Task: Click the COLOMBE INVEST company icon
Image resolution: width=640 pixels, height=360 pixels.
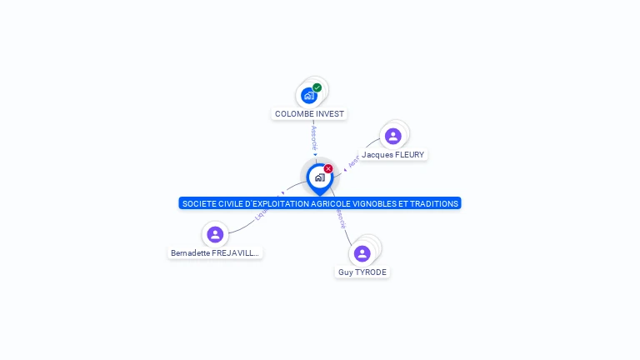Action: click(x=309, y=95)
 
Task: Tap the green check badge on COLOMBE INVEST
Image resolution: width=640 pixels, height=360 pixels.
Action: click(x=317, y=87)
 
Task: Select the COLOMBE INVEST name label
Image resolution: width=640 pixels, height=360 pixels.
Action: click(x=309, y=114)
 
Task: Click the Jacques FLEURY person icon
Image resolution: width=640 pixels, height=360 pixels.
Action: click(x=392, y=136)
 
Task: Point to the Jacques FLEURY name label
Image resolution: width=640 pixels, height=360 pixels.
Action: click(x=392, y=155)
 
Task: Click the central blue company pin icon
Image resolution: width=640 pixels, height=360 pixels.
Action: click(x=319, y=177)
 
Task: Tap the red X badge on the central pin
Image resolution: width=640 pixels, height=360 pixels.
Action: click(x=328, y=169)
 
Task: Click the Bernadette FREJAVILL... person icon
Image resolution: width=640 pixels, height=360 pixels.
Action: click(x=215, y=234)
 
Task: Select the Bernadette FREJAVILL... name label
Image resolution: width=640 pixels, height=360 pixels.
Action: click(x=215, y=253)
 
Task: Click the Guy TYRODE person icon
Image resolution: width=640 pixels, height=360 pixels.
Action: click(x=362, y=253)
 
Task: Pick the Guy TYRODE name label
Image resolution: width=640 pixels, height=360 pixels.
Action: click(x=362, y=272)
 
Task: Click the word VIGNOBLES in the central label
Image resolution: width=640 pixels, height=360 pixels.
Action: click(x=377, y=203)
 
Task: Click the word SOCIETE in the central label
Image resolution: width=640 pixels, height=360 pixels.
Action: click(x=198, y=203)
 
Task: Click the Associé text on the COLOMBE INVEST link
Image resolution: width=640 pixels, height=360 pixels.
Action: click(x=314, y=137)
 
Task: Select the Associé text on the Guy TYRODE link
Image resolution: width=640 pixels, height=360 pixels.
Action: click(x=340, y=218)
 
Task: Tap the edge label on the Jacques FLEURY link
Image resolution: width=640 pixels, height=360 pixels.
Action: click(x=353, y=162)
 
